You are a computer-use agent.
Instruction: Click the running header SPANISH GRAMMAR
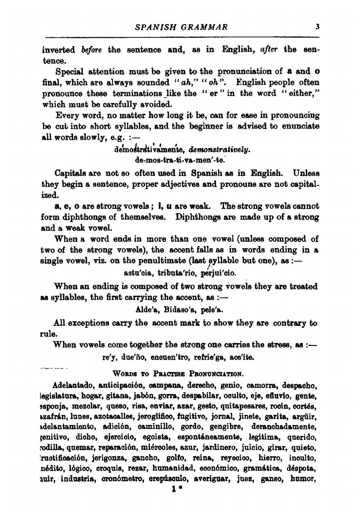(x=181, y=27)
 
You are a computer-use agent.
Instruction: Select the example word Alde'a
(x=148, y=309)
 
